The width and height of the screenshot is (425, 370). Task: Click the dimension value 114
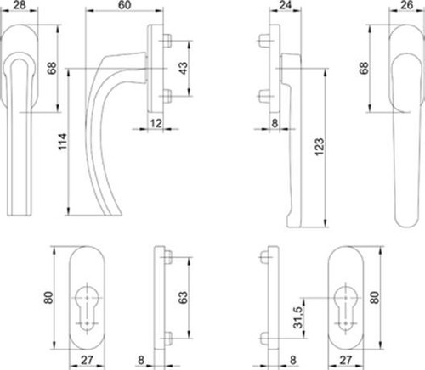[63, 142]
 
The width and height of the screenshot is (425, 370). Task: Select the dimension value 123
[320, 147]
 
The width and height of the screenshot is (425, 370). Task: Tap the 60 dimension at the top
[124, 5]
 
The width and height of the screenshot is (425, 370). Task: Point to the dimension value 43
[184, 69]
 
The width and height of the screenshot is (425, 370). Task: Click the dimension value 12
[156, 123]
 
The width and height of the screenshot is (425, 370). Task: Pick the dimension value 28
[20, 5]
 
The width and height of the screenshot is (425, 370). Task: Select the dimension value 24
[285, 5]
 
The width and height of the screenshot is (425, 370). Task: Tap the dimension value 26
[407, 5]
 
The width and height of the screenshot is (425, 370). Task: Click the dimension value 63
[184, 298]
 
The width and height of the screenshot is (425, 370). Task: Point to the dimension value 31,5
[298, 317]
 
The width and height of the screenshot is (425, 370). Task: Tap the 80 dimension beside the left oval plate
[48, 298]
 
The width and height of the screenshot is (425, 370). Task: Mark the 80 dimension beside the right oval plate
[375, 298]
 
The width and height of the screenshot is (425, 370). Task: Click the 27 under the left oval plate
[87, 360]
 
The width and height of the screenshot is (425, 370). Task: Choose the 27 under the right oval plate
[345, 360]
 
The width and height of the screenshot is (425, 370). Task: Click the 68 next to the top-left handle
[52, 68]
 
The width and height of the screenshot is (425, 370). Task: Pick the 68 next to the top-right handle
[364, 68]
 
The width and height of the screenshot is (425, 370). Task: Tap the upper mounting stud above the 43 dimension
[167, 41]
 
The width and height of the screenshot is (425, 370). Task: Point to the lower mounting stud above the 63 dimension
[167, 338]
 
